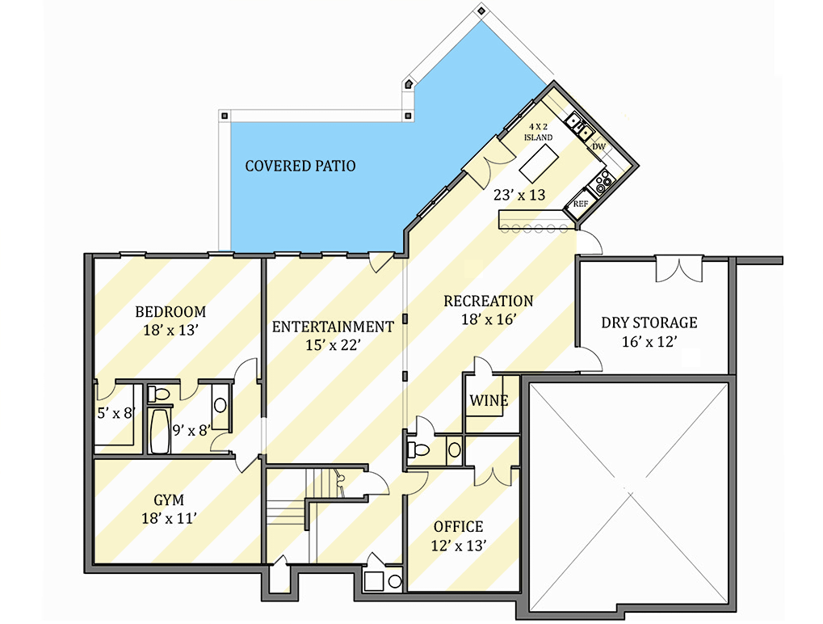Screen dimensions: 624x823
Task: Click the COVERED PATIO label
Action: pyautogui.click(x=300, y=167)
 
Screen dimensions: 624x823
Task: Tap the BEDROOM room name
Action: pyautogui.click(x=170, y=312)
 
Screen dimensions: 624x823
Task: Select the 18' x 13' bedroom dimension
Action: pyautogui.click(x=170, y=330)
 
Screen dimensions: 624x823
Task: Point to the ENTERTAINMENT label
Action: pyautogui.click(x=332, y=327)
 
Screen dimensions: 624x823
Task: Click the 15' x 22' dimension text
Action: pyautogui.click(x=332, y=345)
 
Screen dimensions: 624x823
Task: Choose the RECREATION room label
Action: pyautogui.click(x=488, y=301)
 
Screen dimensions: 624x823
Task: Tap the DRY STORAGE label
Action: pyautogui.click(x=649, y=323)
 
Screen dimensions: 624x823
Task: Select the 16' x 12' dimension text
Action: pyautogui.click(x=649, y=342)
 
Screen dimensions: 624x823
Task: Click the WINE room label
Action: pyautogui.click(x=489, y=401)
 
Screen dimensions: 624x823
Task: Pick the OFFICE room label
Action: pyautogui.click(x=458, y=528)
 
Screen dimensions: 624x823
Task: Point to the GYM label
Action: pyautogui.click(x=170, y=500)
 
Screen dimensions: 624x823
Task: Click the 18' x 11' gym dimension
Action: pyautogui.click(x=170, y=519)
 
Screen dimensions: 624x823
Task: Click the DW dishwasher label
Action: pyautogui.click(x=598, y=147)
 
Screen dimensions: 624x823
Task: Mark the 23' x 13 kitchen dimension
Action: pyautogui.click(x=519, y=195)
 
